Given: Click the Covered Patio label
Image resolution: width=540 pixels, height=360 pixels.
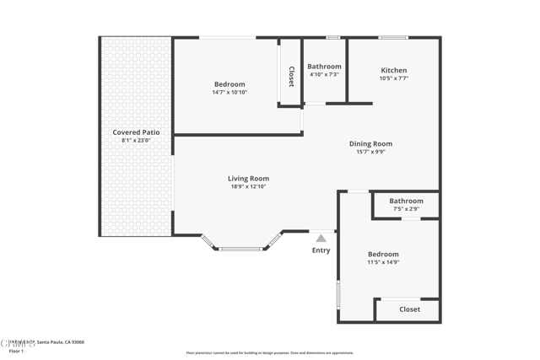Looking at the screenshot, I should click(136, 132).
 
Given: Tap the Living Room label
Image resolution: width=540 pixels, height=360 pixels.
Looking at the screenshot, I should click(248, 179).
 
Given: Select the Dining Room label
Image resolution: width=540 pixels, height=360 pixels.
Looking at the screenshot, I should click(370, 144).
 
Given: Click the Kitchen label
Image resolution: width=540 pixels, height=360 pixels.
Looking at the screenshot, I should click(393, 71).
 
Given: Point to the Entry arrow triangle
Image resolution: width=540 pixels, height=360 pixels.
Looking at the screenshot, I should click(321, 239).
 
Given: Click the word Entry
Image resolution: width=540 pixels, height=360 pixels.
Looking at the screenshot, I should click(321, 250).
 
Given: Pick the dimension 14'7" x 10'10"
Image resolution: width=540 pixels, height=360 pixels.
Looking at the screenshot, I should click(229, 92).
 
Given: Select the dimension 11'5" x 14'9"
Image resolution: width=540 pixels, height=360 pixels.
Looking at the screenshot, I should click(383, 262).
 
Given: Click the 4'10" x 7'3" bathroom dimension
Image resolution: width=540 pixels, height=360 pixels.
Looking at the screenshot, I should click(324, 74).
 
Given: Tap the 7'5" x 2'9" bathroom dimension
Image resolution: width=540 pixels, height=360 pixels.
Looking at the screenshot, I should click(406, 209).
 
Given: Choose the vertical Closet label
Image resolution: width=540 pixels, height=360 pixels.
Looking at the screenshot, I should click(291, 77).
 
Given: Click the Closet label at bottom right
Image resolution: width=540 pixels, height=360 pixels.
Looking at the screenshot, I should click(409, 309).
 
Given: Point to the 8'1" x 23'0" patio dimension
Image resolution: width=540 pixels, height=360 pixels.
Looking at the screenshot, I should click(136, 141).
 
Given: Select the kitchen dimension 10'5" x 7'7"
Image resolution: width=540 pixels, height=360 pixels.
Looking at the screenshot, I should click(393, 78).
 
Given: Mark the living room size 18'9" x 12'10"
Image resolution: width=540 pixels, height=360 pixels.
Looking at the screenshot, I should click(248, 186).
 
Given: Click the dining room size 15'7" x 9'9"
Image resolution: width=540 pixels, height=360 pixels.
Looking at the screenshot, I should click(370, 152).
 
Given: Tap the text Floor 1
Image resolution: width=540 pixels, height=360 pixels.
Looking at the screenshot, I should click(17, 351).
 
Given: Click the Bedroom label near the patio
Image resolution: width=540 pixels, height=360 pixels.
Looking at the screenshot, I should click(229, 84).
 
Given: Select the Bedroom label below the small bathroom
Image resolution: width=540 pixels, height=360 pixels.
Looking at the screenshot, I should click(383, 255).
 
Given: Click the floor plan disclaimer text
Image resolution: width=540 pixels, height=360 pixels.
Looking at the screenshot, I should click(270, 353).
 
